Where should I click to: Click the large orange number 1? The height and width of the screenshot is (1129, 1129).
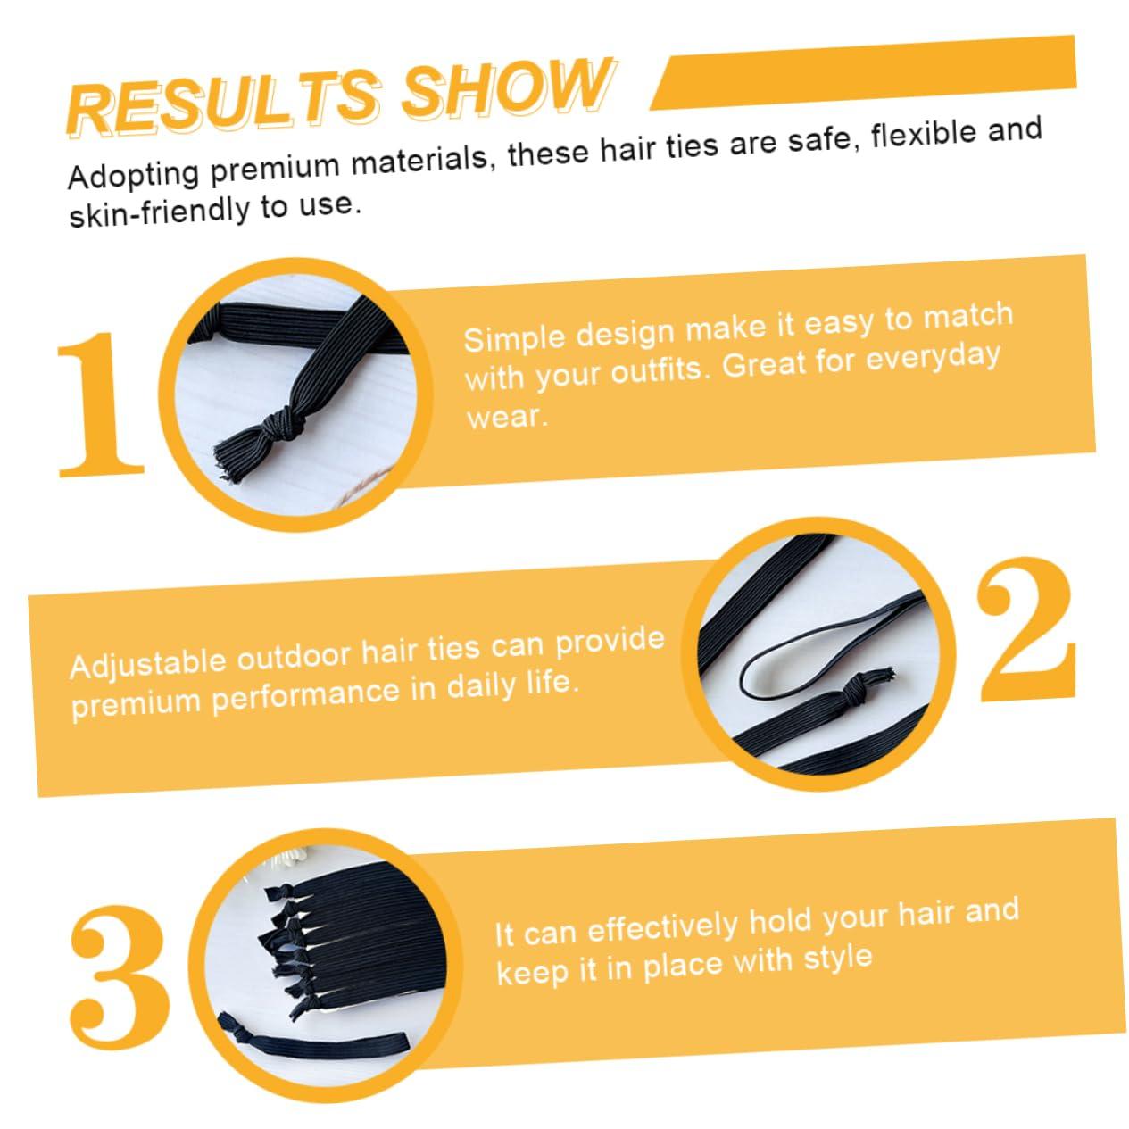click(100, 405)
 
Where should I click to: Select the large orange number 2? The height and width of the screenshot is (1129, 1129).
click(1026, 630)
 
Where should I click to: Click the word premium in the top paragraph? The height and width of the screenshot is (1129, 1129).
click(276, 170)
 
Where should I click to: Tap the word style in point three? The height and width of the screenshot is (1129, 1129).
click(838, 959)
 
